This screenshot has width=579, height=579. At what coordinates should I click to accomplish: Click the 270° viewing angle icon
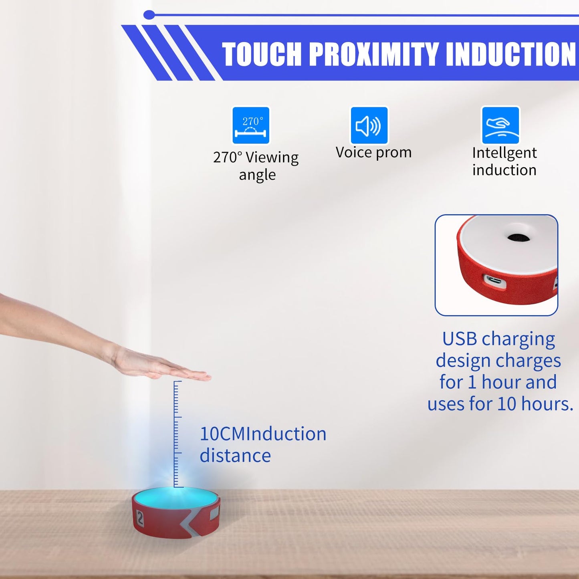(x=251, y=125)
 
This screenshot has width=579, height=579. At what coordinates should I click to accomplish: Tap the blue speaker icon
(x=369, y=125)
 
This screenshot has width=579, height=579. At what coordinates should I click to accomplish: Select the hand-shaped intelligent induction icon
(x=500, y=125)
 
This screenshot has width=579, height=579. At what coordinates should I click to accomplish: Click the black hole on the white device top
(x=518, y=238)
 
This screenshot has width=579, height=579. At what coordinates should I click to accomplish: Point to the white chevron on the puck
(x=188, y=525)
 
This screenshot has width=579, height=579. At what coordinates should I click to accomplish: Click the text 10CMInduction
(x=263, y=434)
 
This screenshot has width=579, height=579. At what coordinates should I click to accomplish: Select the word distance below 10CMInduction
(x=235, y=456)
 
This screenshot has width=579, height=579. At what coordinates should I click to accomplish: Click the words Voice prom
(x=373, y=153)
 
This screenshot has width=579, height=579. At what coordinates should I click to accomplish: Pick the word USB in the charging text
(x=459, y=339)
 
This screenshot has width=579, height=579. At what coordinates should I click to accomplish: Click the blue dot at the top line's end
(x=149, y=15)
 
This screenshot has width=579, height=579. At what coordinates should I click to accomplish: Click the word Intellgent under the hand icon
(x=504, y=153)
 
